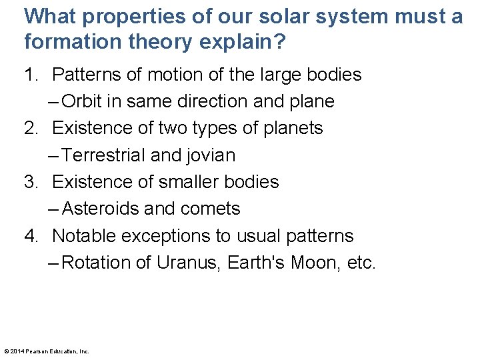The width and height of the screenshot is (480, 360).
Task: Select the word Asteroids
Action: click(101, 209)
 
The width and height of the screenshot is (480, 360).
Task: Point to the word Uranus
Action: click(190, 263)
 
